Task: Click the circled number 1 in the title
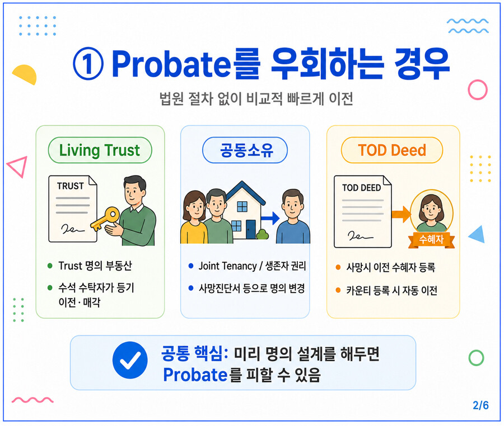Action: click(x=88, y=64)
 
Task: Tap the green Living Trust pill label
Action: click(x=100, y=150)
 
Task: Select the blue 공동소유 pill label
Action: click(x=245, y=150)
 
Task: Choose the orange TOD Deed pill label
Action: click(x=392, y=150)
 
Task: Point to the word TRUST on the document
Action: click(x=71, y=186)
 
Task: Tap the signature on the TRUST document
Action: click(x=73, y=229)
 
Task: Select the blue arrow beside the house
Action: click(x=270, y=218)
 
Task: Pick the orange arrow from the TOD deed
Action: click(x=401, y=214)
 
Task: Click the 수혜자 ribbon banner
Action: click(x=431, y=240)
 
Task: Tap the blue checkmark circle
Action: click(x=130, y=360)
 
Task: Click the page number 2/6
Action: click(x=480, y=405)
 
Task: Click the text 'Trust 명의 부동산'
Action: click(x=95, y=266)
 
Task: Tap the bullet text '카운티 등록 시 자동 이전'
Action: click(x=391, y=291)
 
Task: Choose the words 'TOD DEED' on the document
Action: click(x=361, y=188)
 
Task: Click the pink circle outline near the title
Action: click(x=477, y=90)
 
